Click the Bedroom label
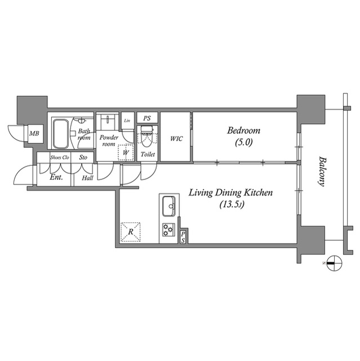(x=244, y=130)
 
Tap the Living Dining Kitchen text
(x=230, y=193)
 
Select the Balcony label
(x=322, y=171)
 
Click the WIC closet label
(x=176, y=139)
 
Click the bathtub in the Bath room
(x=60, y=134)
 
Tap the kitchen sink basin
(x=169, y=206)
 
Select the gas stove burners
(x=168, y=230)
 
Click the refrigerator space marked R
(x=131, y=232)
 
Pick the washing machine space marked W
(x=126, y=152)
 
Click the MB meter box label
(x=34, y=133)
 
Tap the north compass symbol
(x=334, y=263)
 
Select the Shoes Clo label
(x=60, y=157)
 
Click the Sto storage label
(x=83, y=157)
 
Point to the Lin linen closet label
(x=127, y=121)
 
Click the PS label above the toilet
(x=147, y=118)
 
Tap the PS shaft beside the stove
(x=183, y=237)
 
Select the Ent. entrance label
(x=56, y=178)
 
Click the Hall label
(x=87, y=178)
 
